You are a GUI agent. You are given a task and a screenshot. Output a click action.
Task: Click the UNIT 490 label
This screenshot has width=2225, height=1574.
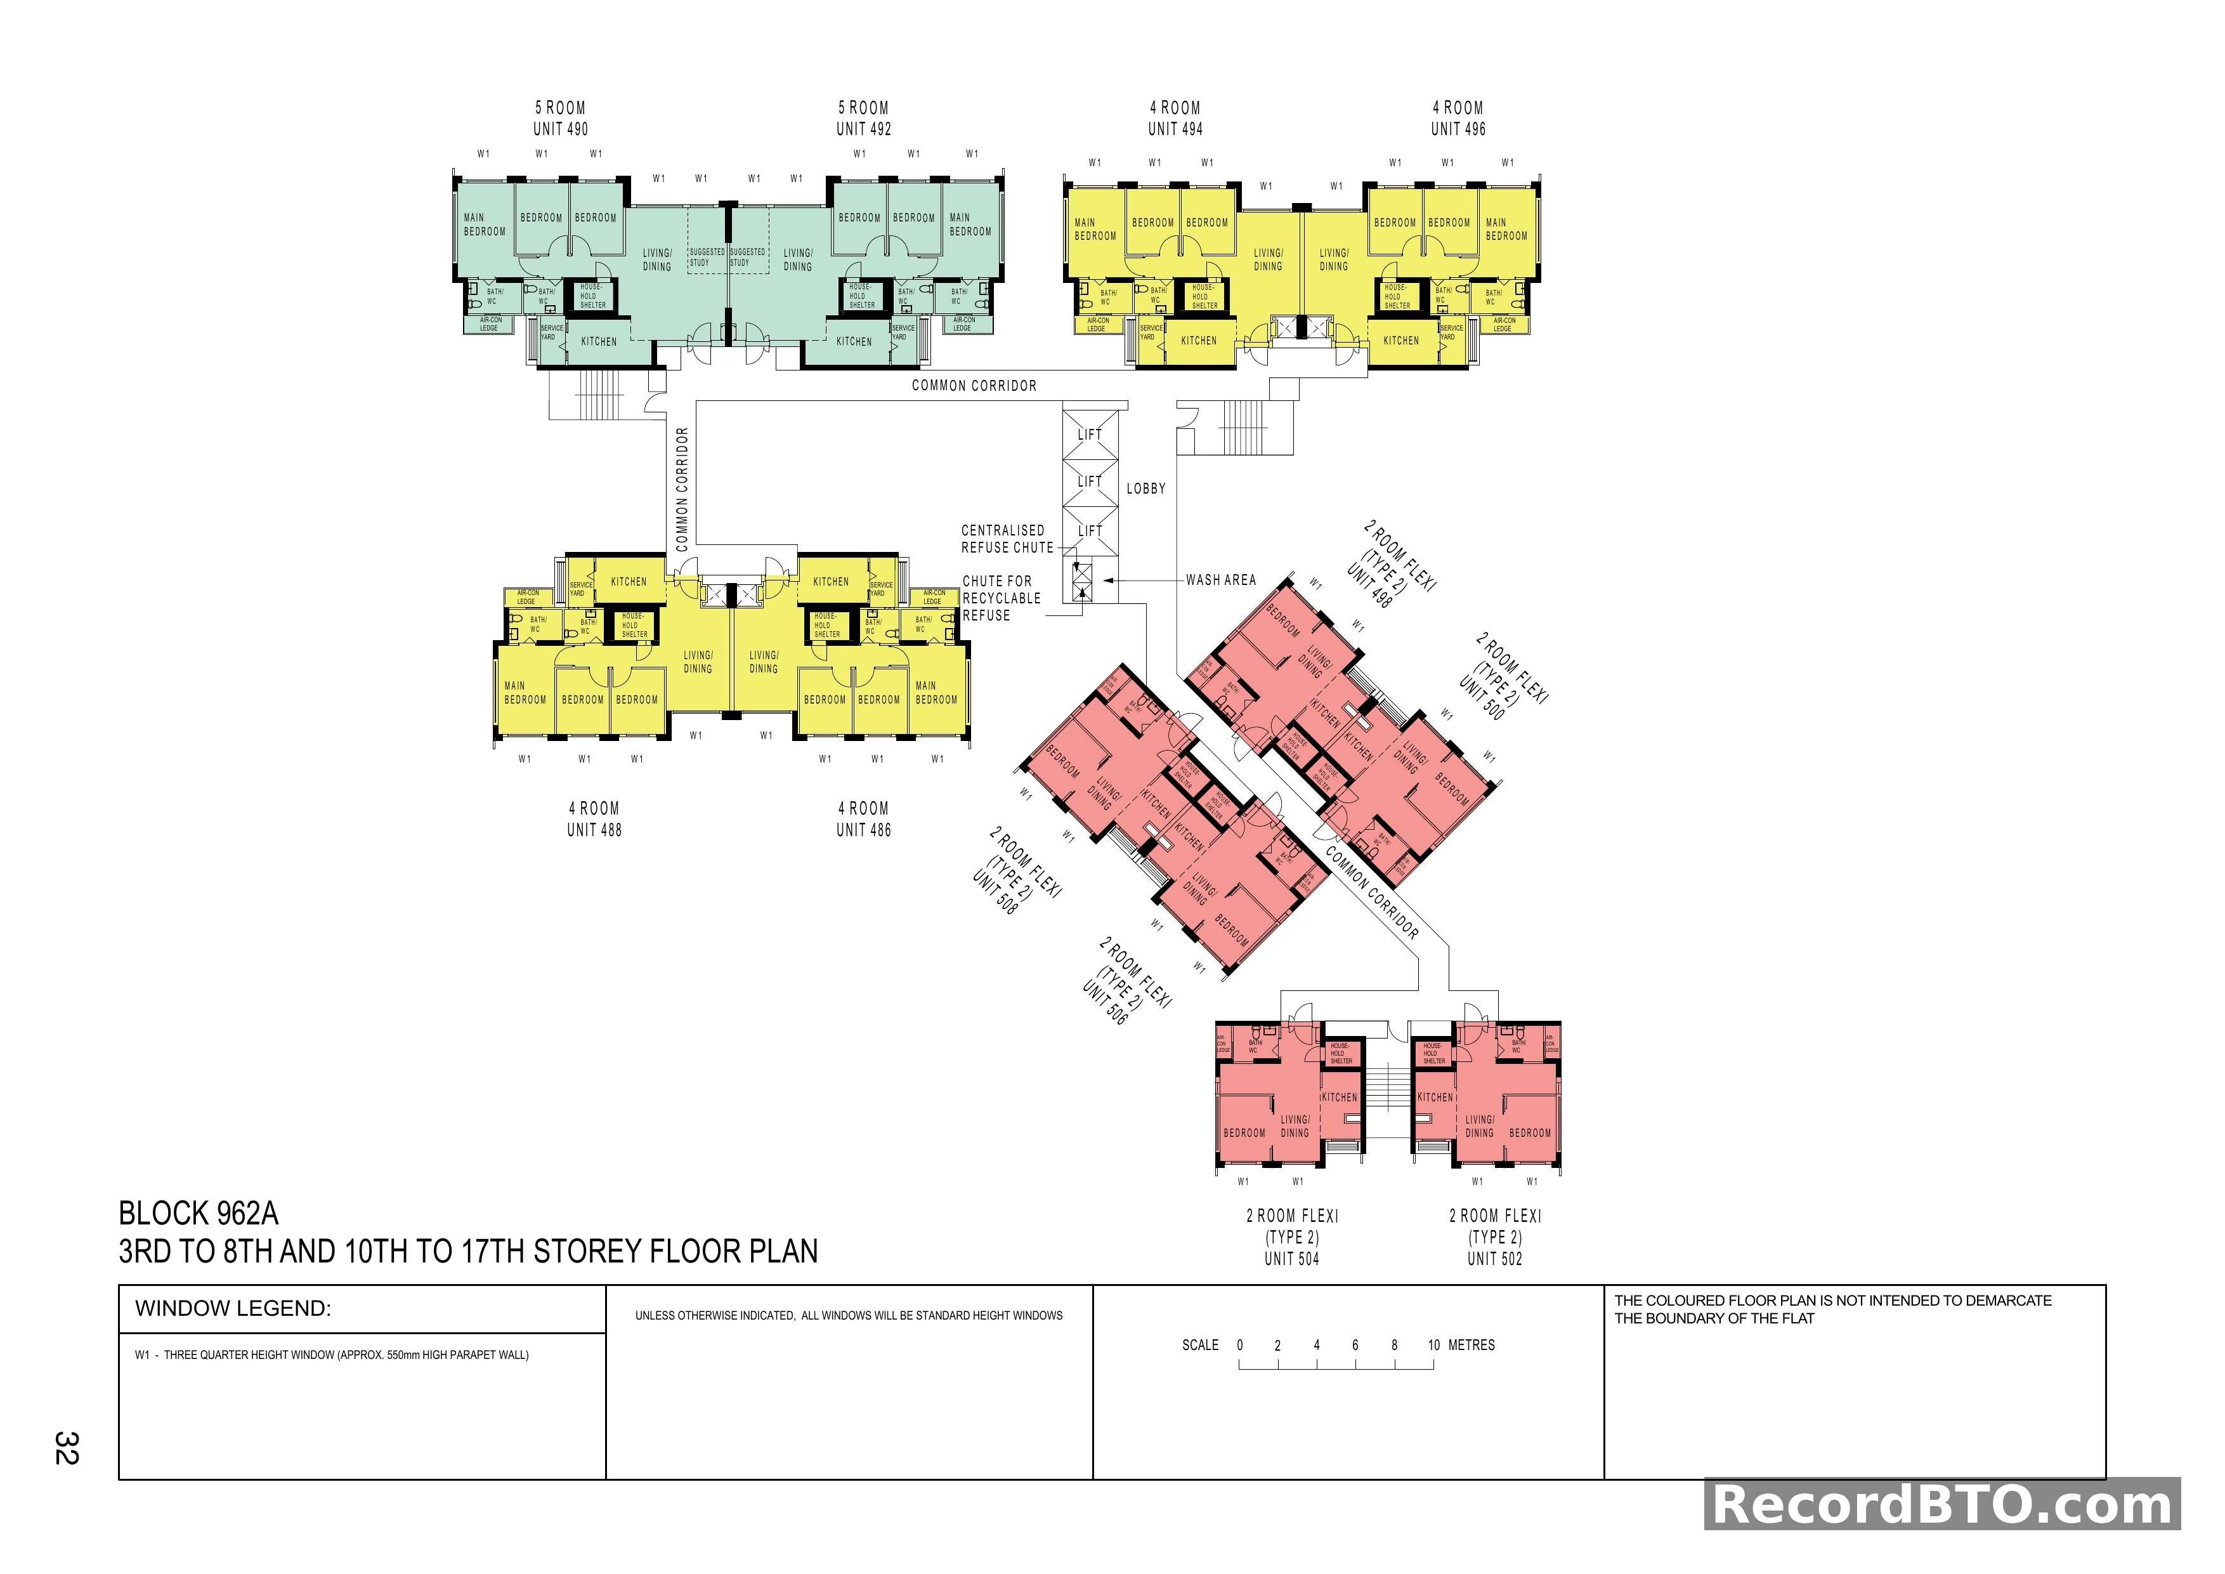[x=560, y=129]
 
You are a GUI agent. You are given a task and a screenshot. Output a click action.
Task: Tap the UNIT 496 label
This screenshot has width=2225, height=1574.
[x=1458, y=129]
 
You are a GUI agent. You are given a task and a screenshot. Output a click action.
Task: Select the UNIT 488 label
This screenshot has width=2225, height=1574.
[x=594, y=830]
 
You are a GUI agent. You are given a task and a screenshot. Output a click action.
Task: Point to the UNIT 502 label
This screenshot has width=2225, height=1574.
[x=1494, y=1259]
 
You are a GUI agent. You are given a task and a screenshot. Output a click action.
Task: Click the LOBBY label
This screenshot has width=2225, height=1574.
[x=1145, y=489]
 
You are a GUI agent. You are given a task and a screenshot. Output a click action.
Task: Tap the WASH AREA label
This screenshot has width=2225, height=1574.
[x=1220, y=580]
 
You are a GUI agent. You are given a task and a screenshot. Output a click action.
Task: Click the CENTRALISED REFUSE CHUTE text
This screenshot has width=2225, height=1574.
[x=1006, y=539]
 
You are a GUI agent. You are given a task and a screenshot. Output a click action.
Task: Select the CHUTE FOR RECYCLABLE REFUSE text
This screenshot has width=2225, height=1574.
[x=1000, y=598]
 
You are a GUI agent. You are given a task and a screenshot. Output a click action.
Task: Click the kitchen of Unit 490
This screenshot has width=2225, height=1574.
[x=599, y=341]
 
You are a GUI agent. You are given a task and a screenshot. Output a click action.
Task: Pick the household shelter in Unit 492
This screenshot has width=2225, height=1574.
[x=861, y=296]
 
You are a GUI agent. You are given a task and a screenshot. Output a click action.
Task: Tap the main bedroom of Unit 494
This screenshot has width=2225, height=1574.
[x=1095, y=230]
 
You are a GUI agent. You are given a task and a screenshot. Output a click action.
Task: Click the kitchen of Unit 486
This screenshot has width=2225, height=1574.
[x=830, y=582]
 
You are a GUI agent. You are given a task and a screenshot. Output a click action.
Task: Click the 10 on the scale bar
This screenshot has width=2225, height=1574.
[x=1433, y=1345]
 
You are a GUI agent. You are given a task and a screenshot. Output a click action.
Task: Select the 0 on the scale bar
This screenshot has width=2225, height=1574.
[x=1239, y=1345]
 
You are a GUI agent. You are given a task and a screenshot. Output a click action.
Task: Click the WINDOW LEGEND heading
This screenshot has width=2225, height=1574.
[x=233, y=1308]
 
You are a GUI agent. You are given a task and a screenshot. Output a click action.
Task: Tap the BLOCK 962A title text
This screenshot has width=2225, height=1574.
[x=199, y=1214]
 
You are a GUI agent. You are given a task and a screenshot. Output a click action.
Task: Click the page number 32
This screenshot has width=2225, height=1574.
[x=66, y=1448]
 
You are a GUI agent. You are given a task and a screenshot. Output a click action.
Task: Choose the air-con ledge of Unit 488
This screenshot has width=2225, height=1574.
[x=527, y=597]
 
